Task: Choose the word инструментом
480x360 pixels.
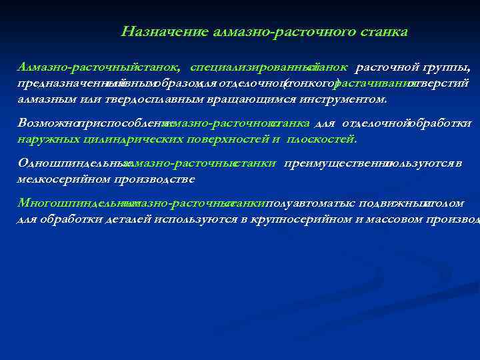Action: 348,99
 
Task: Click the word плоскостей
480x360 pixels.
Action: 322,139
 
